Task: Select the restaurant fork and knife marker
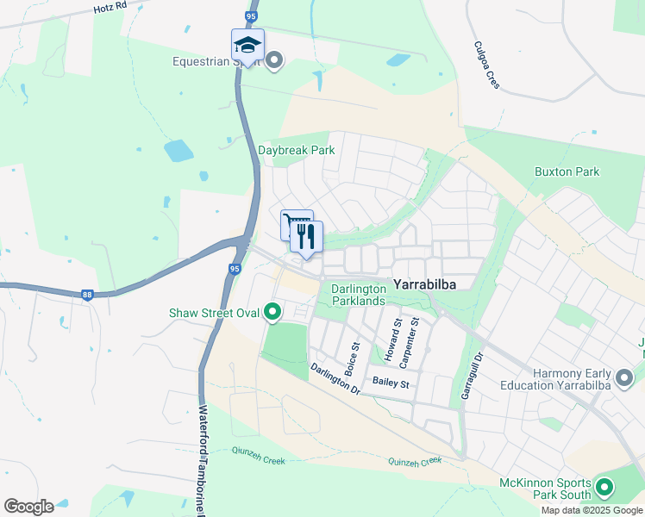click(x=306, y=238)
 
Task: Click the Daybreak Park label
click(x=296, y=150)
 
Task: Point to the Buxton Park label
click(x=567, y=171)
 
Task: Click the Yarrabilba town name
click(x=424, y=283)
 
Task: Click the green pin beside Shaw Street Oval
click(x=273, y=312)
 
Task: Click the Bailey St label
click(x=391, y=382)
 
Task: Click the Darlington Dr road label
click(x=335, y=377)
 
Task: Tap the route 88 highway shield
click(x=87, y=294)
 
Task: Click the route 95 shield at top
click(x=251, y=16)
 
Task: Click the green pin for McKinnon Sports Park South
click(x=604, y=489)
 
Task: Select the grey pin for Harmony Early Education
click(x=624, y=377)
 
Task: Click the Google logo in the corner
click(x=28, y=506)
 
